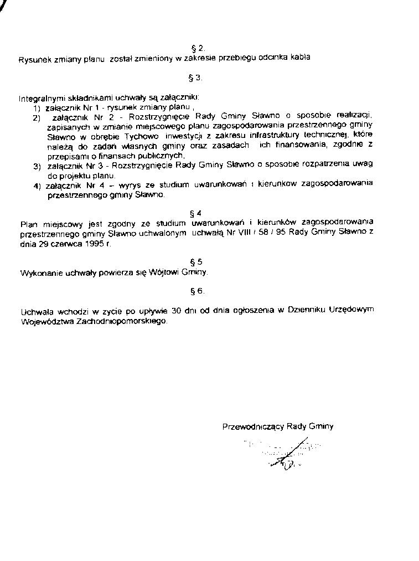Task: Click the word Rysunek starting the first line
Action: click(x=34, y=58)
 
